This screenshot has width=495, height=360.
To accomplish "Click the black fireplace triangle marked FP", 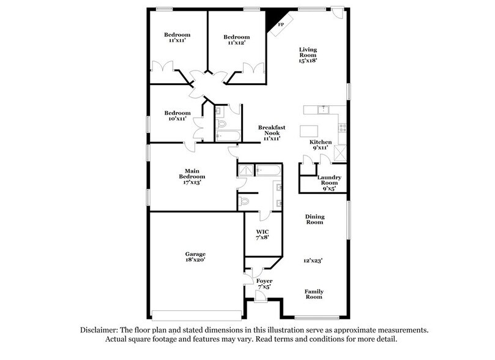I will coord(272,22).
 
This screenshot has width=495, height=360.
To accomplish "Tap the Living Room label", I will coord(307,55).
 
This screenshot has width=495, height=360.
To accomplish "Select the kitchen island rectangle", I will coord(309,131).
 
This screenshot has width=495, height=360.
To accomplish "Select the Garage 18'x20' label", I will coord(196,257).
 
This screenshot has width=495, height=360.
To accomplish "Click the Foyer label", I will coord(264,284).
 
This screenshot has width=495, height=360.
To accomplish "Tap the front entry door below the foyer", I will coord(259,296).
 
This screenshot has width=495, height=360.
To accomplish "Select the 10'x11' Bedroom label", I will coord(177,116).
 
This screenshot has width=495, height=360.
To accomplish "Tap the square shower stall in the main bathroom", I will coord(244,171).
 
